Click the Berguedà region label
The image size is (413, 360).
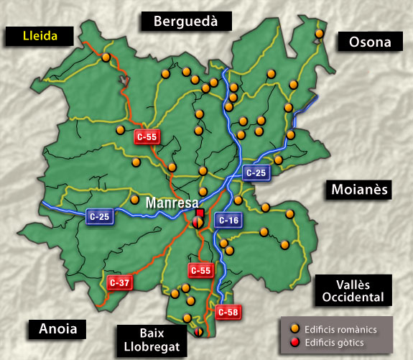tap(187, 21)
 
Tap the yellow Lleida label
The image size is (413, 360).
tap(40, 34)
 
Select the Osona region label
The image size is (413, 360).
tap(370, 42)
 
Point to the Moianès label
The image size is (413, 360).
tap(359, 190)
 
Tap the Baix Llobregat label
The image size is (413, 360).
tap(153, 341)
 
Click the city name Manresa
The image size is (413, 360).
tap(172, 203)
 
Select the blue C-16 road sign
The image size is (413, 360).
tap(228, 221)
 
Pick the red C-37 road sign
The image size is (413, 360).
tap(119, 282)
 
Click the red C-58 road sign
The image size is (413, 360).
tap(228, 312)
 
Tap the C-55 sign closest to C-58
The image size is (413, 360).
tap(200, 270)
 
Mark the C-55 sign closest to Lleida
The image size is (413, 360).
tap(147, 136)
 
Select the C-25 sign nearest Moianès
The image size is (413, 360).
tap(256, 172)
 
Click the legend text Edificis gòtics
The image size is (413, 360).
tap(337, 342)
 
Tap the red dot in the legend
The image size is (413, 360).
tap(294, 342)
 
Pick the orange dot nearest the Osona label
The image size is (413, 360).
tap(319, 33)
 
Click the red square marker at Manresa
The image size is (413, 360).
tap(200, 213)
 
